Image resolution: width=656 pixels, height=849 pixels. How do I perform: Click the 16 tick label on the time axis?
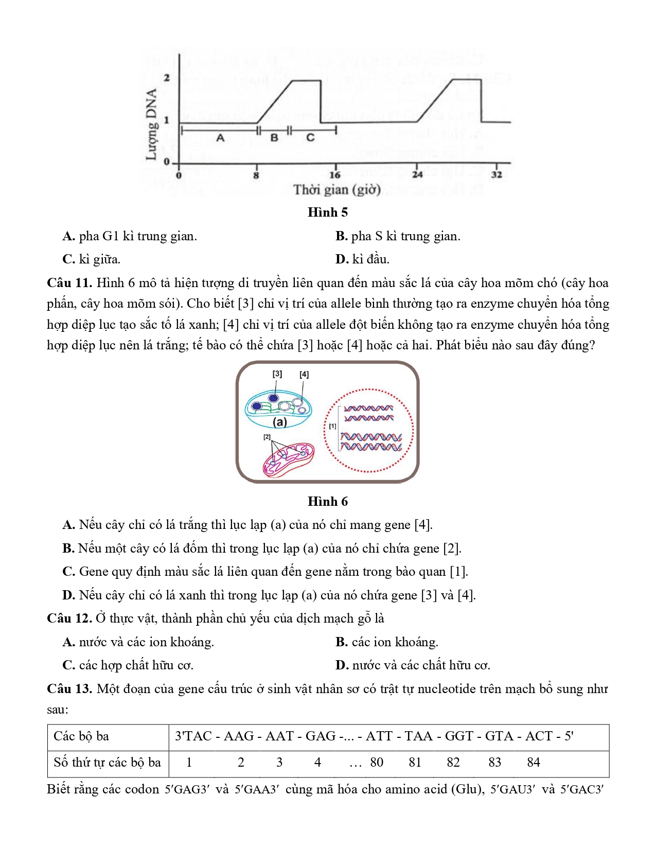tap(335, 175)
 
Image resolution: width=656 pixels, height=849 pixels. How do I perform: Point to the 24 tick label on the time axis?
tap(417, 175)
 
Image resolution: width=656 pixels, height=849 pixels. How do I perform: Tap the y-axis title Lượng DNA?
tap(151, 125)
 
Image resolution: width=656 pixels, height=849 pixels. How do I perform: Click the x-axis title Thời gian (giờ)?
tap(337, 190)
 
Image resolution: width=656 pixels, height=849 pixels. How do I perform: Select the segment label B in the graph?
tap(274, 138)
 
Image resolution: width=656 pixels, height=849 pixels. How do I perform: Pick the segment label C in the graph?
tap(310, 138)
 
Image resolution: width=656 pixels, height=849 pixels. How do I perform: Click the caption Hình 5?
tap(328, 213)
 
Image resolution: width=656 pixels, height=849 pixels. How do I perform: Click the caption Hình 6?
tap(328, 501)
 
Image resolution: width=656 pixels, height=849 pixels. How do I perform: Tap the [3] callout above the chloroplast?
tap(277, 374)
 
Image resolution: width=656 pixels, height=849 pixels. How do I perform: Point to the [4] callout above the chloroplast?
tap(304, 375)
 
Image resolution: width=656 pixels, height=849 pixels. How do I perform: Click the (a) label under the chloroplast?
tap(280, 422)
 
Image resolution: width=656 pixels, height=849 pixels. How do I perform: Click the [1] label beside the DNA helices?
tap(332, 427)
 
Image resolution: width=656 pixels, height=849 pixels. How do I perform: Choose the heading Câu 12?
tap(69, 618)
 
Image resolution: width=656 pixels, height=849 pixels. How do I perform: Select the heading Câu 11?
tap(69, 283)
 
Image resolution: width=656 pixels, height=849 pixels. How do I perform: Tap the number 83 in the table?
tap(494, 763)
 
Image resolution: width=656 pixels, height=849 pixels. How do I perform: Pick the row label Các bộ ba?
tap(81, 736)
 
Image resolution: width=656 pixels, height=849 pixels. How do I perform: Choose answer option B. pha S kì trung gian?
tap(398, 237)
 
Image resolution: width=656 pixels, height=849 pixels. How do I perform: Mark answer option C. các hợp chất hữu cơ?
tap(128, 665)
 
